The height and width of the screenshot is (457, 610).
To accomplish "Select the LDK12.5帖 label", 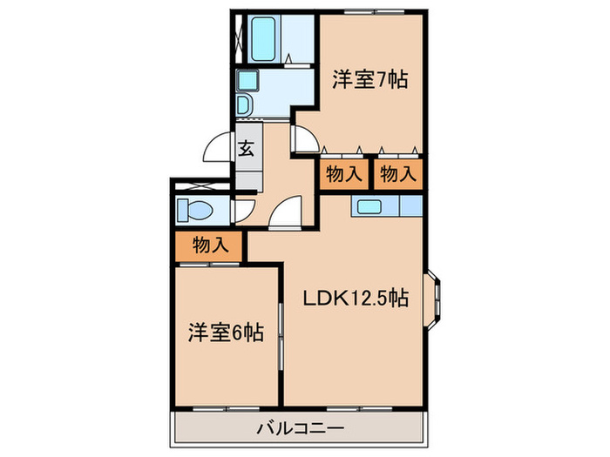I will click(x=356, y=299).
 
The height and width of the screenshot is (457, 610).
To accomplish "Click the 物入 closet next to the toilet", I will click(x=210, y=246).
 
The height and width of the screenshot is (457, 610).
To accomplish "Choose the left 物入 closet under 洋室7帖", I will click(x=343, y=174).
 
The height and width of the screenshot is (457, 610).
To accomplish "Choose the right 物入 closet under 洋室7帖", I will click(x=398, y=174).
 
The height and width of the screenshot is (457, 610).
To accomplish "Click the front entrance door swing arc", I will click(x=217, y=150).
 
